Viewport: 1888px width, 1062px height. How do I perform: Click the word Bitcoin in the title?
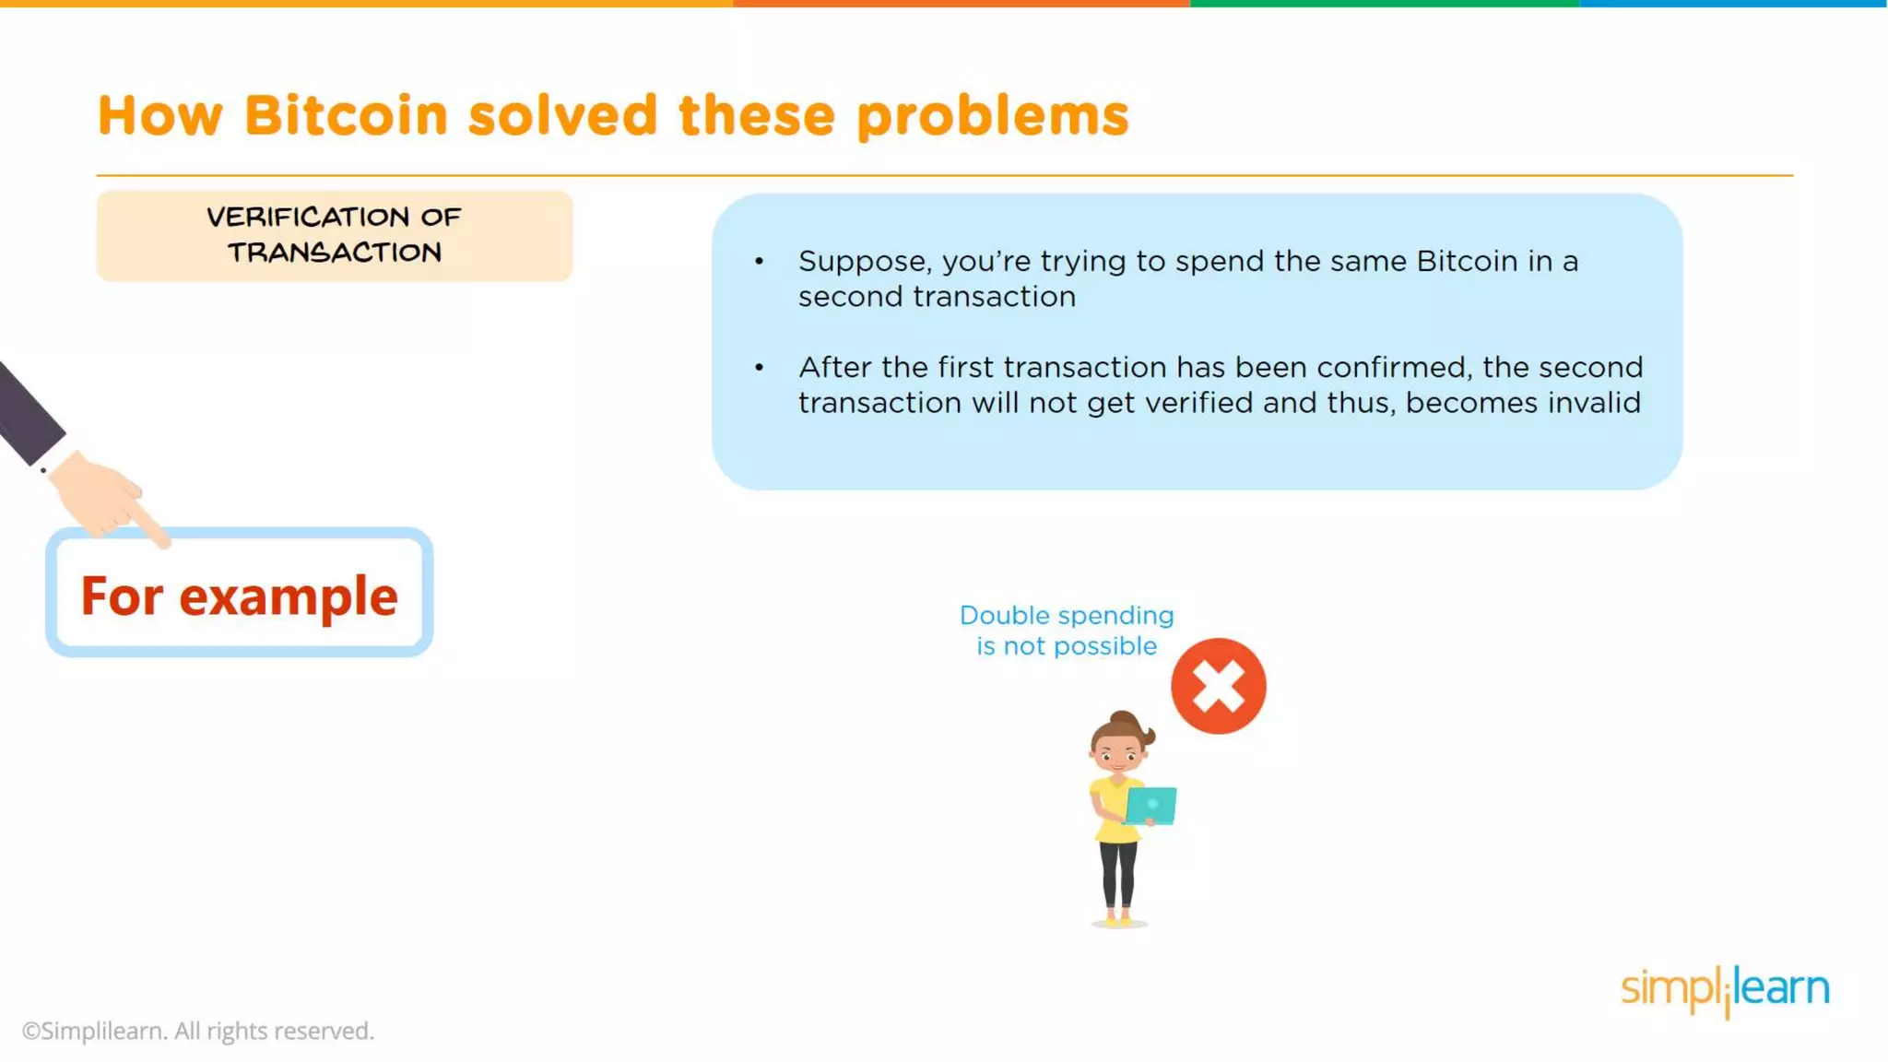[x=346, y=116]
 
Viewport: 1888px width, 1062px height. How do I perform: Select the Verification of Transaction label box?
[x=335, y=235]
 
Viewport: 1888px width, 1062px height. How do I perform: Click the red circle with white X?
[x=1218, y=686]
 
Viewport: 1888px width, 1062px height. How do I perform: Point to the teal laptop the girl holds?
[x=1151, y=806]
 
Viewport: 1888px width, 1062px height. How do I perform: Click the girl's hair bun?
[x=1123, y=718]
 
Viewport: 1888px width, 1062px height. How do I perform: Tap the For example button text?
[x=239, y=596]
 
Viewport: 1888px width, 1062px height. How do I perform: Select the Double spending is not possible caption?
[x=1067, y=631]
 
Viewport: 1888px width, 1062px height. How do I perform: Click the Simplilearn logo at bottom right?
[x=1724, y=989]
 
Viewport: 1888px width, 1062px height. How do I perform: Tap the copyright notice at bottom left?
[x=198, y=1031]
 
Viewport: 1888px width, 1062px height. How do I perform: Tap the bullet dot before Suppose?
[x=759, y=262]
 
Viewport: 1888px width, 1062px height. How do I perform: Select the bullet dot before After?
[x=759, y=368]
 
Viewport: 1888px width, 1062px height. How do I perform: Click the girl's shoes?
[x=1118, y=919]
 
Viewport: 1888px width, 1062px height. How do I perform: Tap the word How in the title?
[x=160, y=116]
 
